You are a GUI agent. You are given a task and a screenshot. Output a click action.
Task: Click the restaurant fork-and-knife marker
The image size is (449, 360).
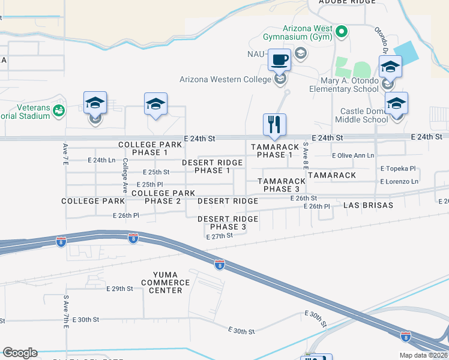click(274, 125)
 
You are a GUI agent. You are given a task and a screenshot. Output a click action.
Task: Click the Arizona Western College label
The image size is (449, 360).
click(226, 79)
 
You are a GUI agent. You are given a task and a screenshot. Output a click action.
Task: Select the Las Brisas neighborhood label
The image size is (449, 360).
click(368, 205)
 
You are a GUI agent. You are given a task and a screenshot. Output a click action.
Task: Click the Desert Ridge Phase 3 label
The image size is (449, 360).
click(228, 223)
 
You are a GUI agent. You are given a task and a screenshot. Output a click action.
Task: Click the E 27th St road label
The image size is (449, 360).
click(219, 237)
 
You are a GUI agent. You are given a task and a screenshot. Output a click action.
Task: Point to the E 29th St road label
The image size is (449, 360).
click(119, 289)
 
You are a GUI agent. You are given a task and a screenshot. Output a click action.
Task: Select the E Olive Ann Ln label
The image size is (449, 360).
click(353, 155)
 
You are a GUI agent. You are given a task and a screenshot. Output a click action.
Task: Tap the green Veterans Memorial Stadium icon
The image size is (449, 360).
click(59, 110)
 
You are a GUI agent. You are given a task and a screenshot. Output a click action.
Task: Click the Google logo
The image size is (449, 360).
click(20, 353)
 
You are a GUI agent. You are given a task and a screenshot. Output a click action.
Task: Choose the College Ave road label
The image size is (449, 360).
click(125, 175)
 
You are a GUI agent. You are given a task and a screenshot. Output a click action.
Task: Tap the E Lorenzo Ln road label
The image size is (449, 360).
click(399, 181)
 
